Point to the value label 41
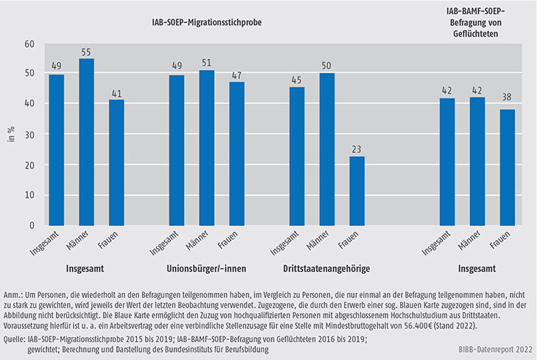[117, 92]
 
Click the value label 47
[237, 74]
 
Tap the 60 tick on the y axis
[30, 44]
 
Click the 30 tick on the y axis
[30, 134]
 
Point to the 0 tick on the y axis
[32, 225]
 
